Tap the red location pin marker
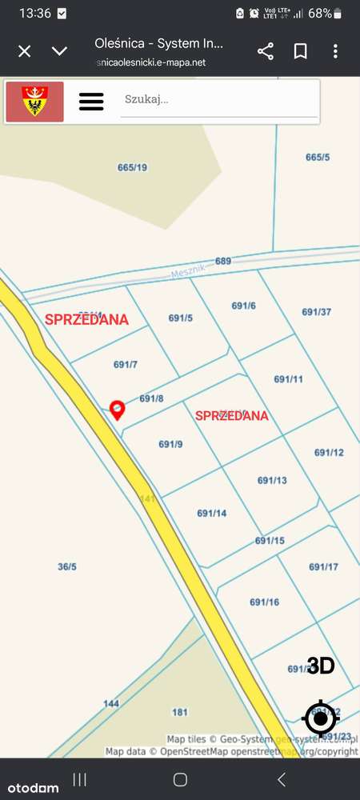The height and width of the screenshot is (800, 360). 118,410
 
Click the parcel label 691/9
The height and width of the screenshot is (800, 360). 170,445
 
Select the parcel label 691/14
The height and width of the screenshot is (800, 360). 212,513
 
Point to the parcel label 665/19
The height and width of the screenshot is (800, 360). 132,167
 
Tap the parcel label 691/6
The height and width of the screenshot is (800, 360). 243,306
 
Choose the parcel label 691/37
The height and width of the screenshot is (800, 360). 316,312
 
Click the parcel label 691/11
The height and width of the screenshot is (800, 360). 288,379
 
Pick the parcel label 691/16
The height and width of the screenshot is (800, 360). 264,602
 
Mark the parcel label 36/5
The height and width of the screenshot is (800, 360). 67,567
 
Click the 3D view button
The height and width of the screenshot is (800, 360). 321,666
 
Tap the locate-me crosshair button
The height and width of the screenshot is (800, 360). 321,718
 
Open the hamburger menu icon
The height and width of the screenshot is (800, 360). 91,102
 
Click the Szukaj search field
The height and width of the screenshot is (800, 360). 218,101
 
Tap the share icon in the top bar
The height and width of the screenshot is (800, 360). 266,51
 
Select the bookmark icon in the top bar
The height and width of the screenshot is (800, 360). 300,51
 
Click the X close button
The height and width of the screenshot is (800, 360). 25,51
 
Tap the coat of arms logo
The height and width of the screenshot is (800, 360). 34,102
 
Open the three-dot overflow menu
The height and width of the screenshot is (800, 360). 335,51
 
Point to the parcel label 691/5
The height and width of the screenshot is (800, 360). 181,318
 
